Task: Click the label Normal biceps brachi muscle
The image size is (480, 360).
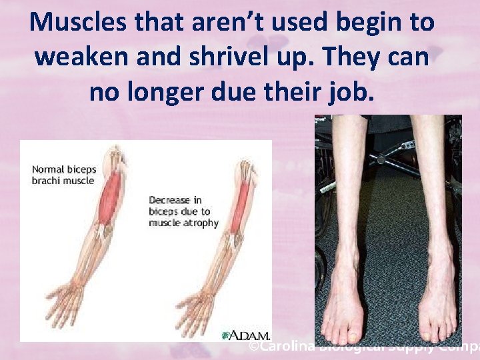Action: coord(64,175)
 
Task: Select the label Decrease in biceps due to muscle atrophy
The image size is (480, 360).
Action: coord(183,211)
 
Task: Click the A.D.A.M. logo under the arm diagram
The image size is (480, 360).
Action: coord(249,335)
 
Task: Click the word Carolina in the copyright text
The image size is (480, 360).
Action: coord(286,347)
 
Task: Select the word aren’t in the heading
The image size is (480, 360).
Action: coord(222,22)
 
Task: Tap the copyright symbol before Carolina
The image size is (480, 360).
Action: coord(254,347)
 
